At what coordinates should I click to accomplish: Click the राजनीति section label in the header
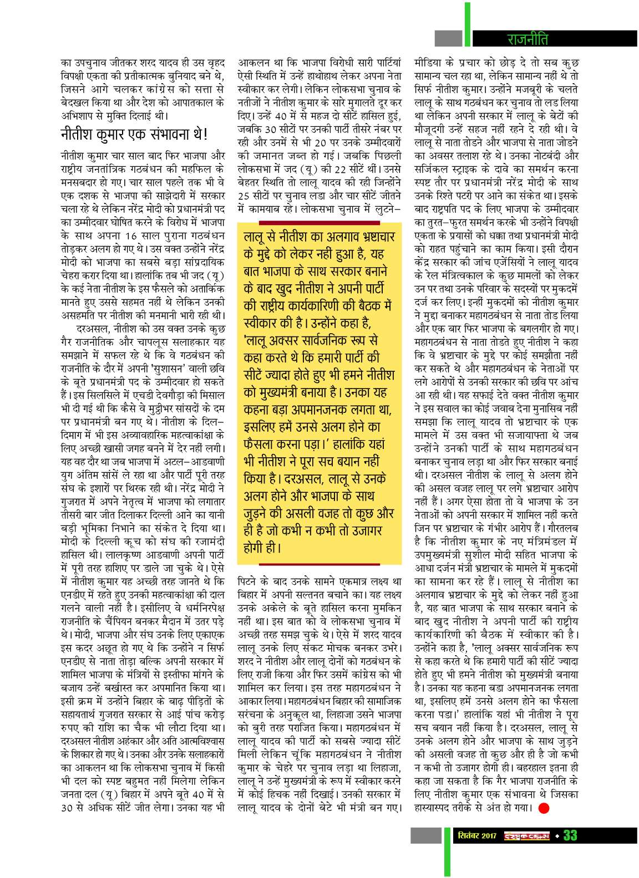pos(528,39)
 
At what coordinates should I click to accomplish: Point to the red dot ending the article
pos(543,808)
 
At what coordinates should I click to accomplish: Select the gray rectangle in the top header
pos(448,38)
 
